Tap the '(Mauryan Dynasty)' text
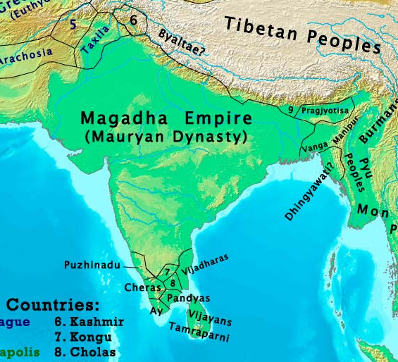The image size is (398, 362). coord(166,136)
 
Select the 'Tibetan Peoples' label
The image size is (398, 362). coord(302,34)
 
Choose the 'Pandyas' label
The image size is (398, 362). coord(188,298)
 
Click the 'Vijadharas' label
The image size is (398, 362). coord(205,266)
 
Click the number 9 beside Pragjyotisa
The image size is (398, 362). coord(290,110)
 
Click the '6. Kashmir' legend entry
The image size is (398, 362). coord(89,322)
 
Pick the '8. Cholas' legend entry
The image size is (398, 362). coord(85,351)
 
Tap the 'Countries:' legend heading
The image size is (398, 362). coord(53,305)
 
